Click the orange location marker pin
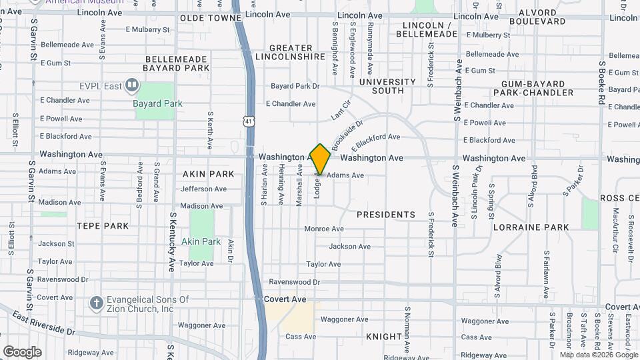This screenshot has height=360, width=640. point(321,159)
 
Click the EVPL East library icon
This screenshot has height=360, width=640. point(132,85)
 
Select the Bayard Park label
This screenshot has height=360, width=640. point(157,103)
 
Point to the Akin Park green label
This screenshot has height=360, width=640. point(201,241)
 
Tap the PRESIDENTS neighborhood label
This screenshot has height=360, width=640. point(386,215)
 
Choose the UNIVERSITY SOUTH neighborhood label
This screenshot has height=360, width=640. point(387,86)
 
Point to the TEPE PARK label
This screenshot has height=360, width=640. point(102,226)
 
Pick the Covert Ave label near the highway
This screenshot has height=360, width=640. point(285,299)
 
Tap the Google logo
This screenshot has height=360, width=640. point(22,351)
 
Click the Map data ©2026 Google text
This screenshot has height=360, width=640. point(599,355)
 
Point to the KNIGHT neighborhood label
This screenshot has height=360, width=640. point(384,337)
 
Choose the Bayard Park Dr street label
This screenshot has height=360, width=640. point(295,86)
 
